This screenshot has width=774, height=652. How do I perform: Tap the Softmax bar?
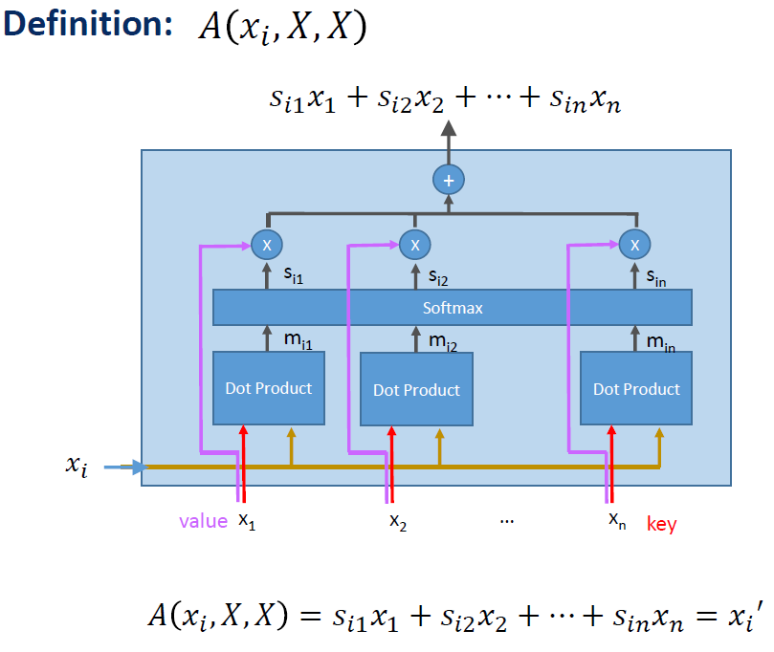pyautogui.click(x=452, y=308)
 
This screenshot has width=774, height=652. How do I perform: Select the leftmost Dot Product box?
pyautogui.click(x=269, y=388)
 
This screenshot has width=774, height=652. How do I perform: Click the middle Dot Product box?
pyautogui.click(x=416, y=390)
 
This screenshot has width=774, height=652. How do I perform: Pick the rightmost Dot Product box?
pyautogui.click(x=636, y=389)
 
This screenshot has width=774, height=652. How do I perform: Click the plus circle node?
pyautogui.click(x=447, y=180)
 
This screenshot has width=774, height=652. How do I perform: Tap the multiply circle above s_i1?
pyautogui.click(x=267, y=245)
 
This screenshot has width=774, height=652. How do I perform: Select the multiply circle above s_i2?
pyautogui.click(x=414, y=245)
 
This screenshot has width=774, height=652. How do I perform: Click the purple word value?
pyautogui.click(x=203, y=521)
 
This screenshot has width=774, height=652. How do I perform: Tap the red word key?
pyautogui.click(x=661, y=524)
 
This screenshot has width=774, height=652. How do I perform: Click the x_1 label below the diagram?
pyautogui.click(x=247, y=522)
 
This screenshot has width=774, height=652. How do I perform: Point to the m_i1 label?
pyautogui.click(x=299, y=339)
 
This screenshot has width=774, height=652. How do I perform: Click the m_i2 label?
pyautogui.click(x=443, y=340)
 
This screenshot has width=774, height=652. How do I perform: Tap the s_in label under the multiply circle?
pyautogui.click(x=656, y=278)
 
